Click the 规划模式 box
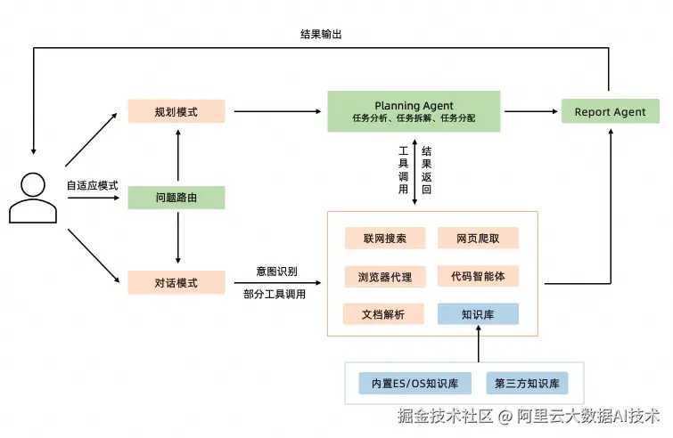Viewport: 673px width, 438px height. point(176,111)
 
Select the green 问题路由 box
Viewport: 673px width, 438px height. point(176,198)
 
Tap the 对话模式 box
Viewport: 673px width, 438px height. point(176,282)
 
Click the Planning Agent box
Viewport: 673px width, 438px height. point(414,111)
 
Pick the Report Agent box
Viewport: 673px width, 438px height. point(611,111)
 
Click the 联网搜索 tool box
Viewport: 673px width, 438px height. point(385,239)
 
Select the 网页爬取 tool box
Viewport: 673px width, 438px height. point(478,239)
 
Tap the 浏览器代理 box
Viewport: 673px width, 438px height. point(385,277)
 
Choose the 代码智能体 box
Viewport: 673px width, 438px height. point(478,277)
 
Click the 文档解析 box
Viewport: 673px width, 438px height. point(383,314)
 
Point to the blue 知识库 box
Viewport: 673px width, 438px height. point(478,314)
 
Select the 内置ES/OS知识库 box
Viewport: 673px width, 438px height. point(415,383)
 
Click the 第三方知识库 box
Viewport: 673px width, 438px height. point(527,383)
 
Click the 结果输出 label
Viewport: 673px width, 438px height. point(321,35)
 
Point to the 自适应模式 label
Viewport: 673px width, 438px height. point(92,185)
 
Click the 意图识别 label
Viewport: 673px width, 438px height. point(277,272)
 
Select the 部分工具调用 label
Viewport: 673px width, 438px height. point(275,294)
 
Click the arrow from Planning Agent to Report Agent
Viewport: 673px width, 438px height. point(531,111)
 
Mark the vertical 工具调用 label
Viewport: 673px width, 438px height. point(403,170)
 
